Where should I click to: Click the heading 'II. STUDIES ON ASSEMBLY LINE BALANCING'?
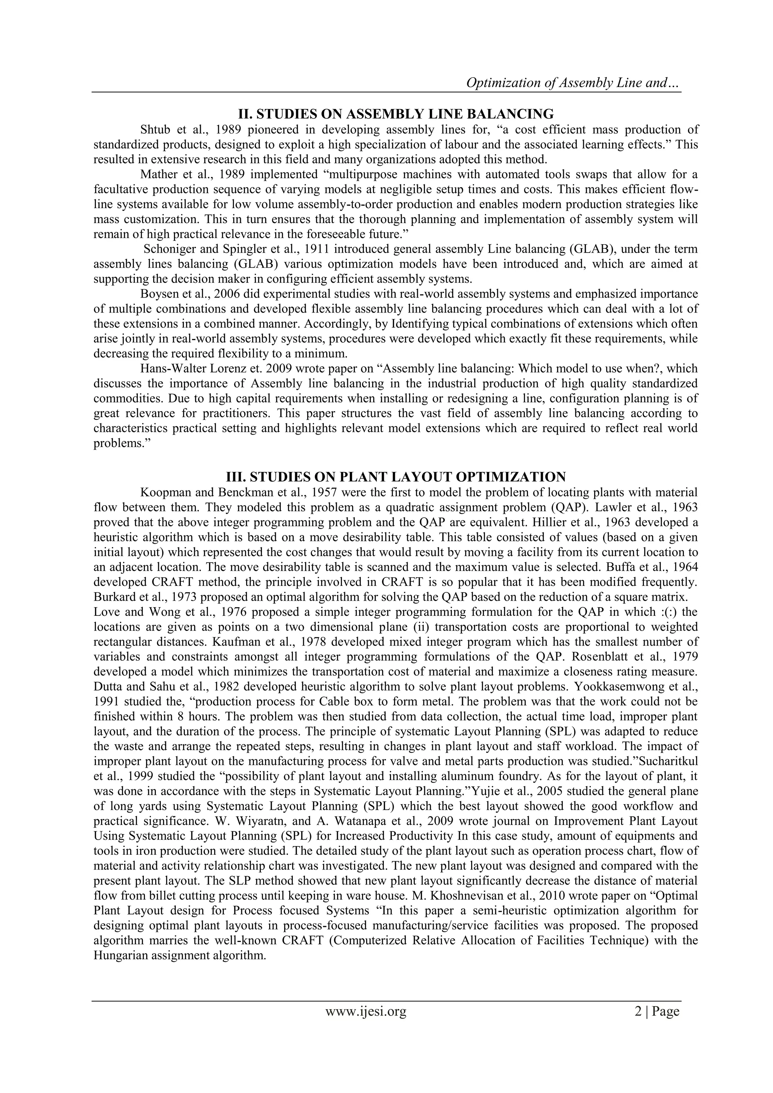click(x=396, y=114)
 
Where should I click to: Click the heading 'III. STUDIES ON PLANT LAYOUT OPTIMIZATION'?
click(x=396, y=477)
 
